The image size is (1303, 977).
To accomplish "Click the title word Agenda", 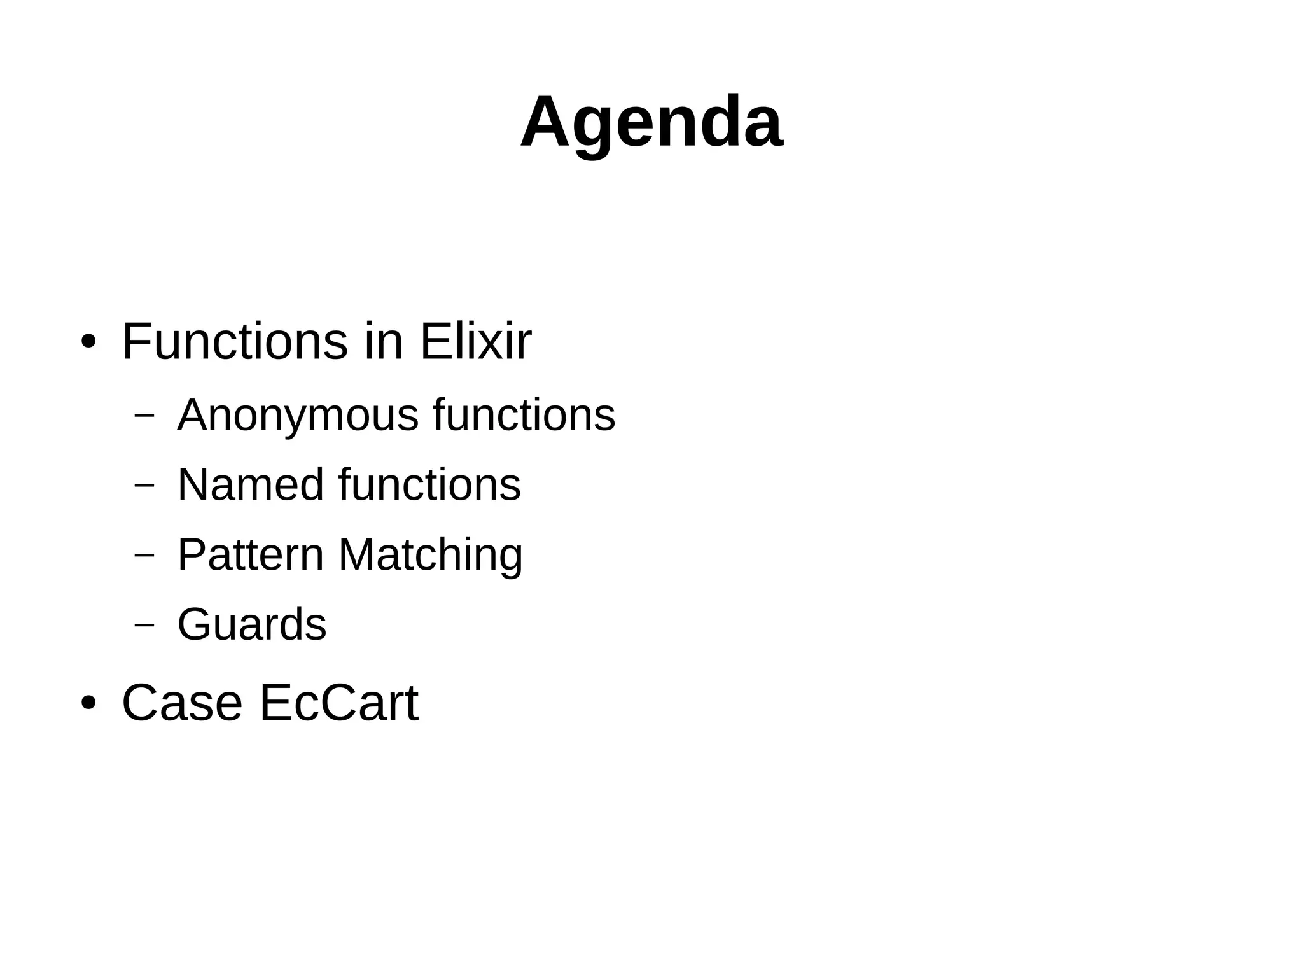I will click(x=651, y=122).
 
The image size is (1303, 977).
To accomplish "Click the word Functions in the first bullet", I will click(x=235, y=342).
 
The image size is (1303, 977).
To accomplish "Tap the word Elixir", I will click(x=475, y=342).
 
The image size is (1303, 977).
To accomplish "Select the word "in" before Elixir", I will click(x=384, y=342).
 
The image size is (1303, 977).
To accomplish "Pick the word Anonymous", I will click(x=298, y=416).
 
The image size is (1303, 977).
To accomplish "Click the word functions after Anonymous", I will click(x=524, y=414).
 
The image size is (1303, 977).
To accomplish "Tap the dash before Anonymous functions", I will click(x=145, y=415).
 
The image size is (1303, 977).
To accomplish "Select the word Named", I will click(x=251, y=485).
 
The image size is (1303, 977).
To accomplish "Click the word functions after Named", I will click(x=429, y=485).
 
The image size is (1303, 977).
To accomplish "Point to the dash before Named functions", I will click(x=145, y=484).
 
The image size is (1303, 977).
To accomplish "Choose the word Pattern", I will click(x=251, y=554).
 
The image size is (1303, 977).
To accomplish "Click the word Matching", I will click(x=431, y=556).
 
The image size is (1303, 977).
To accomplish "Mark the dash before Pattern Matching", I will click(x=145, y=554).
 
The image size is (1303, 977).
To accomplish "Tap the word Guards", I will click(x=252, y=624).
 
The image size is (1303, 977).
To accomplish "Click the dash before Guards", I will click(x=145, y=624).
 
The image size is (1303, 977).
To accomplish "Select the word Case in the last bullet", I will click(x=182, y=703).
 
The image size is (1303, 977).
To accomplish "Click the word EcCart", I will click(x=339, y=703).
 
